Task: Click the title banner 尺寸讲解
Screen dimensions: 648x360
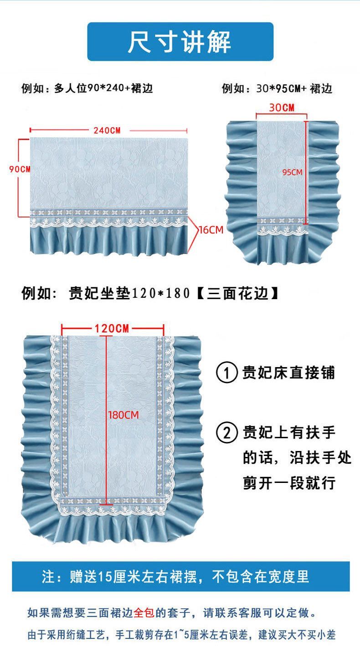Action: (x=180, y=41)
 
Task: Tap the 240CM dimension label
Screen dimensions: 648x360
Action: (x=107, y=130)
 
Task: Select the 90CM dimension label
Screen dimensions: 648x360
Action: (x=20, y=169)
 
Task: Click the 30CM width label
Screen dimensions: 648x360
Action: (x=282, y=108)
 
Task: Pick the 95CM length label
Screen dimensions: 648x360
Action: (x=293, y=172)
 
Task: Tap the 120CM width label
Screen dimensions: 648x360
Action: (x=112, y=328)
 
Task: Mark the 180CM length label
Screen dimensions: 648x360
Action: (x=123, y=415)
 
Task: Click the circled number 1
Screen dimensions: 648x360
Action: (x=226, y=373)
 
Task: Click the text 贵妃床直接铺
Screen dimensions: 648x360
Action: (x=288, y=373)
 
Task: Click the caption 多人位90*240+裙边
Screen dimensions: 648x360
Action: (x=103, y=89)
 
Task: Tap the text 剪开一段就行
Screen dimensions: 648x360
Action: (x=289, y=483)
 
